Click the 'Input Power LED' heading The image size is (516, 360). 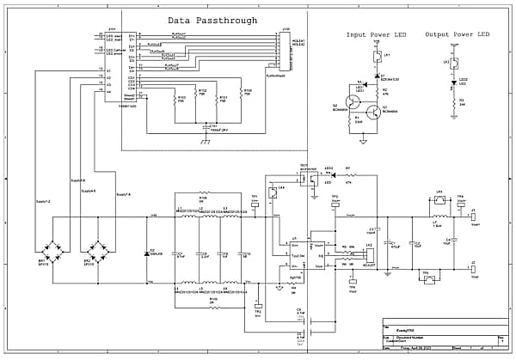[x=376, y=35]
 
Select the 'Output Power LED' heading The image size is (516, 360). [x=457, y=34]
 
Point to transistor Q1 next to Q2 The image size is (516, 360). [x=373, y=111]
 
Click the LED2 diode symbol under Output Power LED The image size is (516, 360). [x=453, y=84]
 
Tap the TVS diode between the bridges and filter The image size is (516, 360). [x=146, y=240]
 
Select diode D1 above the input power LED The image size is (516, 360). [x=377, y=76]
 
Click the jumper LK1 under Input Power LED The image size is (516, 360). [x=377, y=58]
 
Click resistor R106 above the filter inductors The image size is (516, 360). [x=203, y=193]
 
